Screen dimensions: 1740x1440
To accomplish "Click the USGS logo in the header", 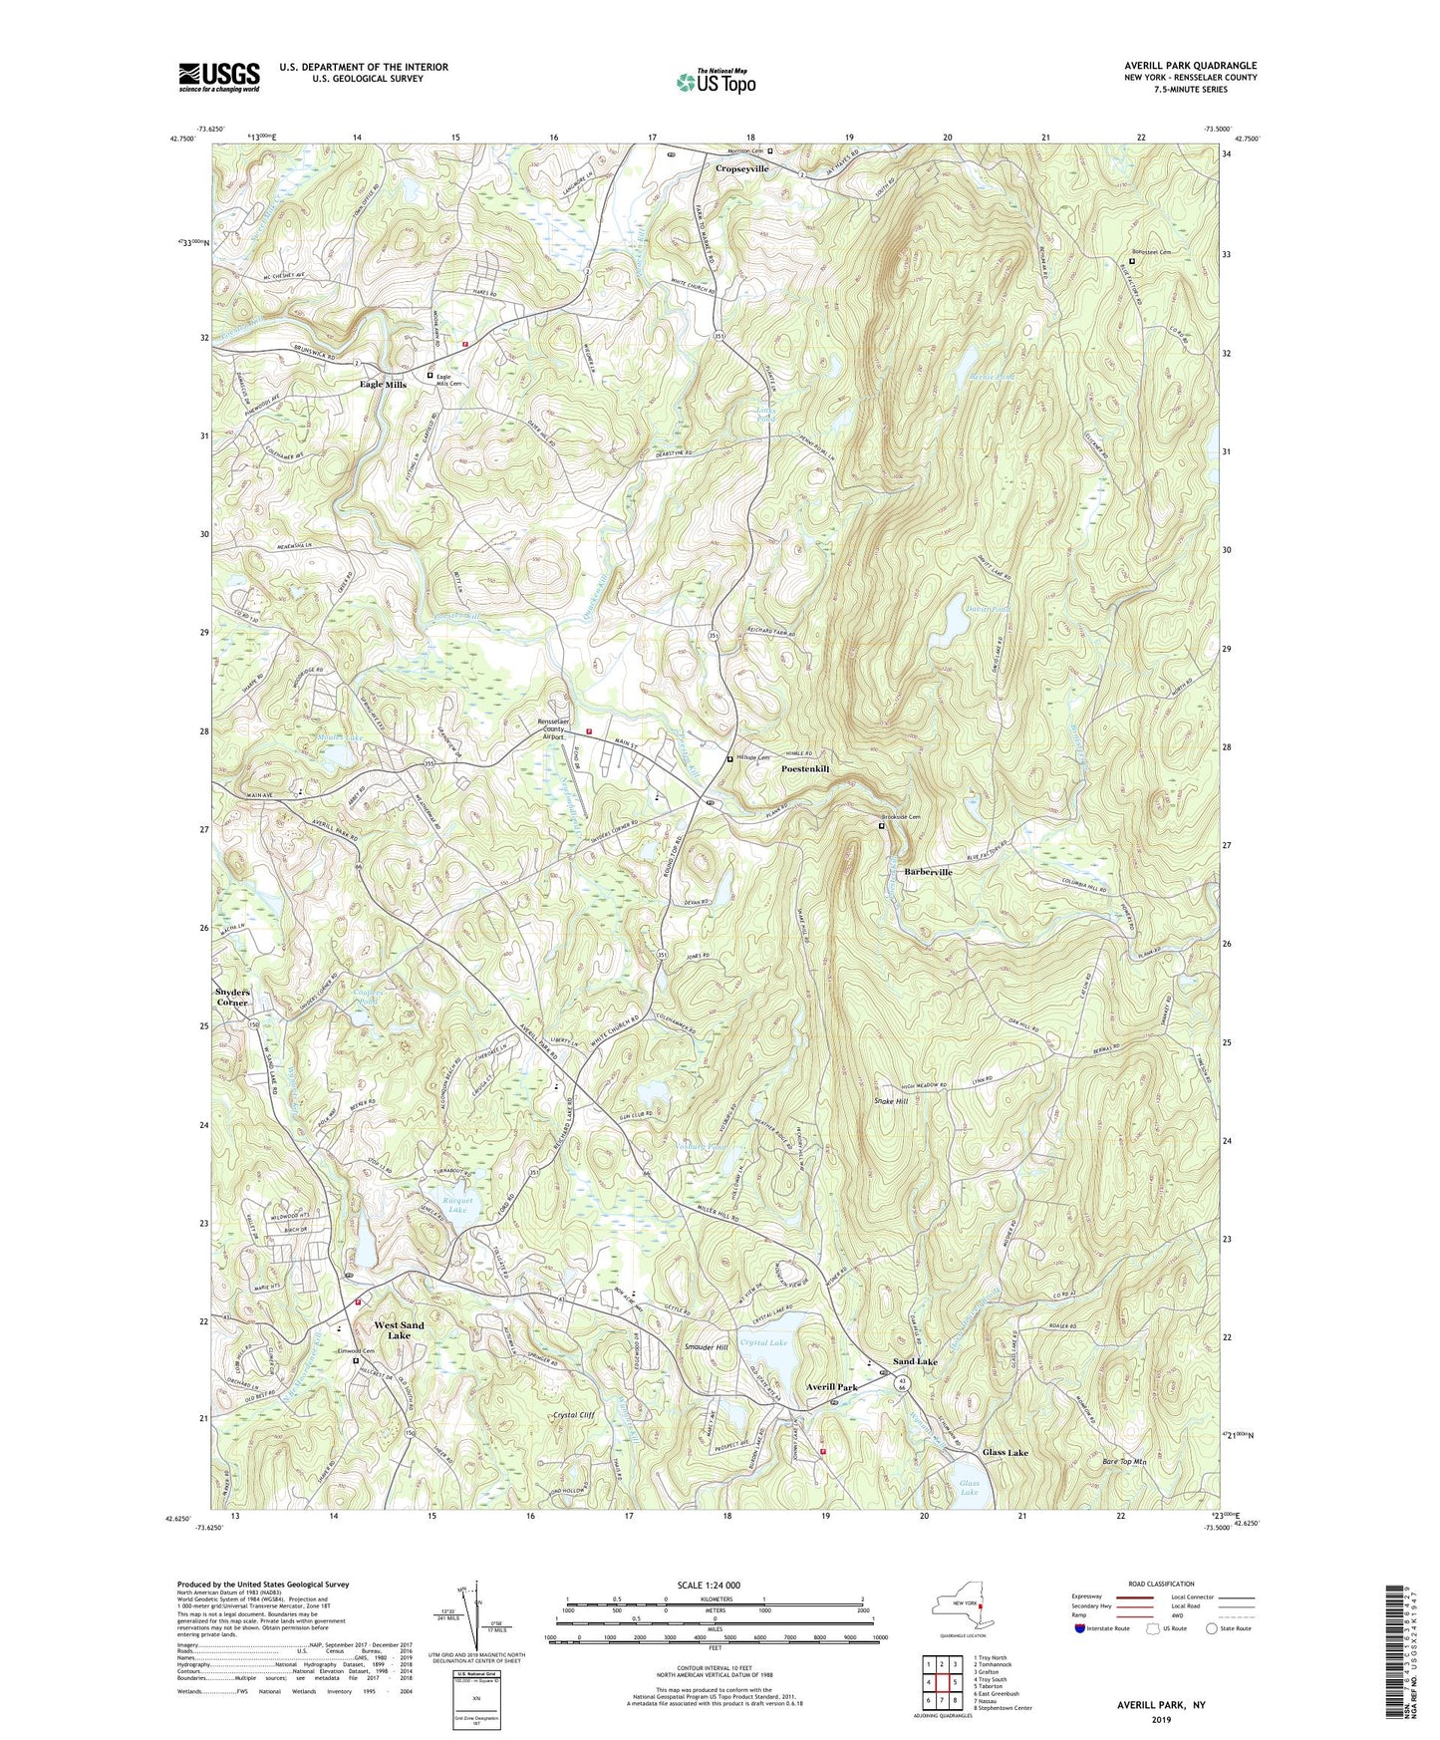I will (x=219, y=77).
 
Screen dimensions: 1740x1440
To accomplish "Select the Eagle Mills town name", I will (x=383, y=384).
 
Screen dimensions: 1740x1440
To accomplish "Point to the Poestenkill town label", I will (x=805, y=769).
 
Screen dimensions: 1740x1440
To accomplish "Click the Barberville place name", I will (x=928, y=872).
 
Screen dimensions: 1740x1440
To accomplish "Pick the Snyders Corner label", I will (x=233, y=997).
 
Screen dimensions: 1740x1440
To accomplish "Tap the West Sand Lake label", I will (x=399, y=1330).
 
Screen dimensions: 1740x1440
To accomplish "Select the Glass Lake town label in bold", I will (x=1006, y=1453).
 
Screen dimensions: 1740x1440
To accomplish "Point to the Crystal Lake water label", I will (x=764, y=1343).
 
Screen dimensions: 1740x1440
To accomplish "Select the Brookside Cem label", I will (x=901, y=817).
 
